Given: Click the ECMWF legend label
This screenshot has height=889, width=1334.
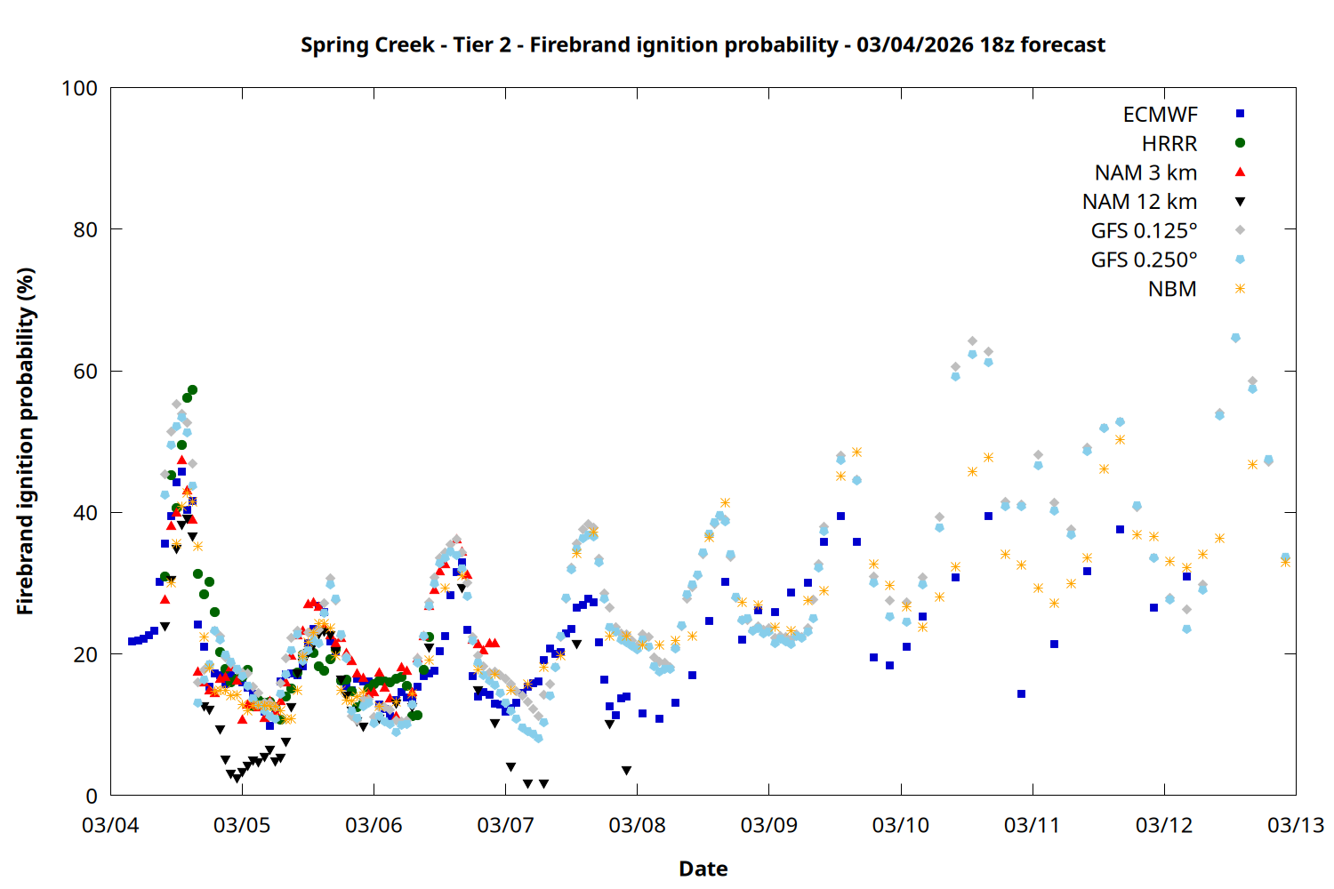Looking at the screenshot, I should pyautogui.click(x=1160, y=115).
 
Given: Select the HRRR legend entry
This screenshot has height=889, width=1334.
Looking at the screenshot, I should pyautogui.click(x=1169, y=144).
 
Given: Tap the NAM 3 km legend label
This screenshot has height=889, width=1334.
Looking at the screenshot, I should pyautogui.click(x=1145, y=172).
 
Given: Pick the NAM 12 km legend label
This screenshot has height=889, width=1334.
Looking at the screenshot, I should pyautogui.click(x=1139, y=202).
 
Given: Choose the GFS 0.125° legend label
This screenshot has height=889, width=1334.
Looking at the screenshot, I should pyautogui.click(x=1144, y=231).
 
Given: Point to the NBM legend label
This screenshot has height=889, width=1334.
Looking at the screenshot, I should pyautogui.click(x=1172, y=290).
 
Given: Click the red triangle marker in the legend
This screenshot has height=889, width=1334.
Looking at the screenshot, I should pyautogui.click(x=1240, y=172).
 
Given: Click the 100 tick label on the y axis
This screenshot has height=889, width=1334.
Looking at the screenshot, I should pyautogui.click(x=79, y=88).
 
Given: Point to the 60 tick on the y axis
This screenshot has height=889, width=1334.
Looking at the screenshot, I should pyautogui.click(x=85, y=372).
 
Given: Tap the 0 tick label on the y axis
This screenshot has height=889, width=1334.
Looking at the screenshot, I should pyautogui.click(x=92, y=797).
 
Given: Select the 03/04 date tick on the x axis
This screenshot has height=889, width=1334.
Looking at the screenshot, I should pyautogui.click(x=110, y=825).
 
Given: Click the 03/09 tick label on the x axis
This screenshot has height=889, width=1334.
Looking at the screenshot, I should pyautogui.click(x=768, y=825).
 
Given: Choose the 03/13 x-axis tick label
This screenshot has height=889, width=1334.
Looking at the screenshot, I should pyautogui.click(x=1295, y=825).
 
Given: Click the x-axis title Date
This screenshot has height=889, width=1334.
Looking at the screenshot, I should pyautogui.click(x=703, y=869).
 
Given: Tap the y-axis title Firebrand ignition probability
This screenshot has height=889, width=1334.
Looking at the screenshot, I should pyautogui.click(x=25, y=442).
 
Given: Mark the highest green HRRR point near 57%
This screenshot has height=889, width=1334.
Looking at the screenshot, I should pyautogui.click(x=192, y=390).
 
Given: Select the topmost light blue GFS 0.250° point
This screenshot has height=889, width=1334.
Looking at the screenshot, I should pyautogui.click(x=1235, y=338).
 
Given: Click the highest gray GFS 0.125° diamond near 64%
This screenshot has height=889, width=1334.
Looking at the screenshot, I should pyautogui.click(x=972, y=341).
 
